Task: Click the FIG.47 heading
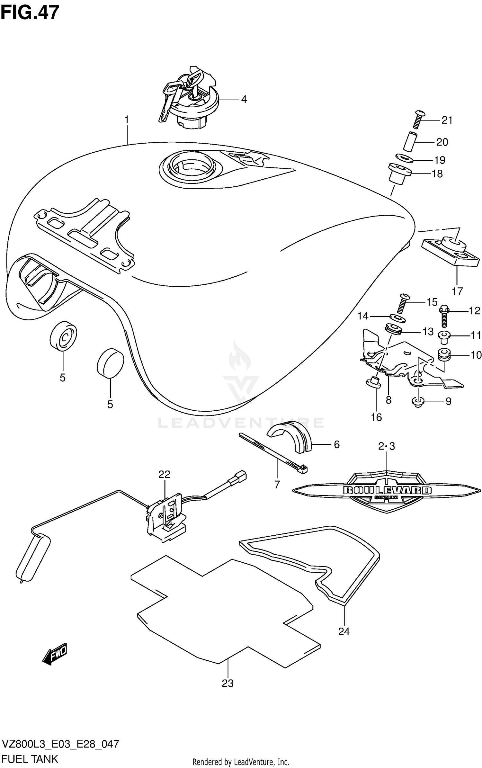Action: (x=30, y=13)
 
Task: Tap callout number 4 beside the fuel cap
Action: (x=244, y=99)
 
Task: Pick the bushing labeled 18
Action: (x=400, y=174)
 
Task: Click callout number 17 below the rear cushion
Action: (x=457, y=291)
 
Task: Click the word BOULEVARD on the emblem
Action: (x=387, y=490)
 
